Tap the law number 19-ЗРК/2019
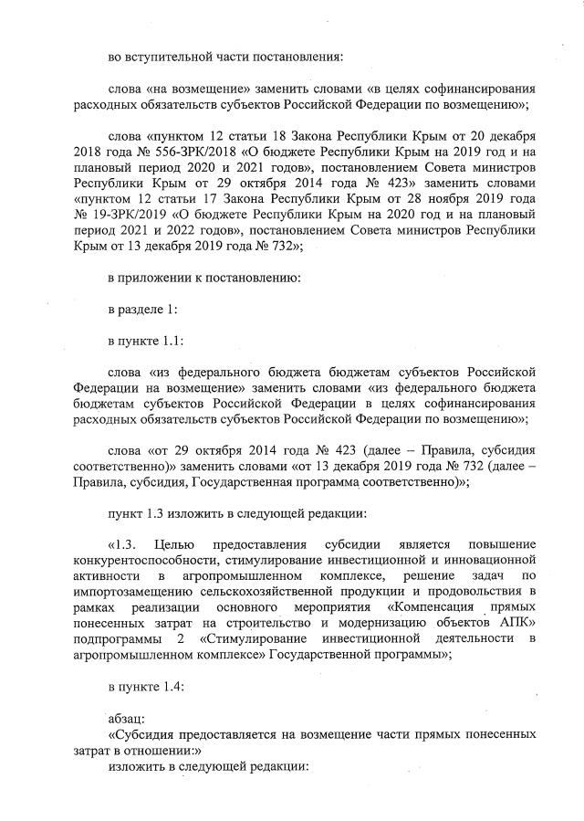134,214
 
